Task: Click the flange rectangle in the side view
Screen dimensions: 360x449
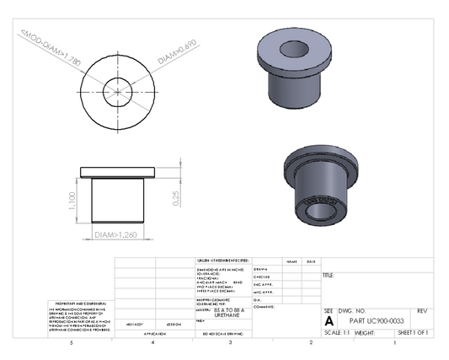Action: point(118,172)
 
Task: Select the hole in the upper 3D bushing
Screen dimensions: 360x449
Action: point(298,48)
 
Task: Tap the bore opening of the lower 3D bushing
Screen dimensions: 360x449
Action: point(323,208)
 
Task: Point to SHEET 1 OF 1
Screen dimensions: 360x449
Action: point(413,333)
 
